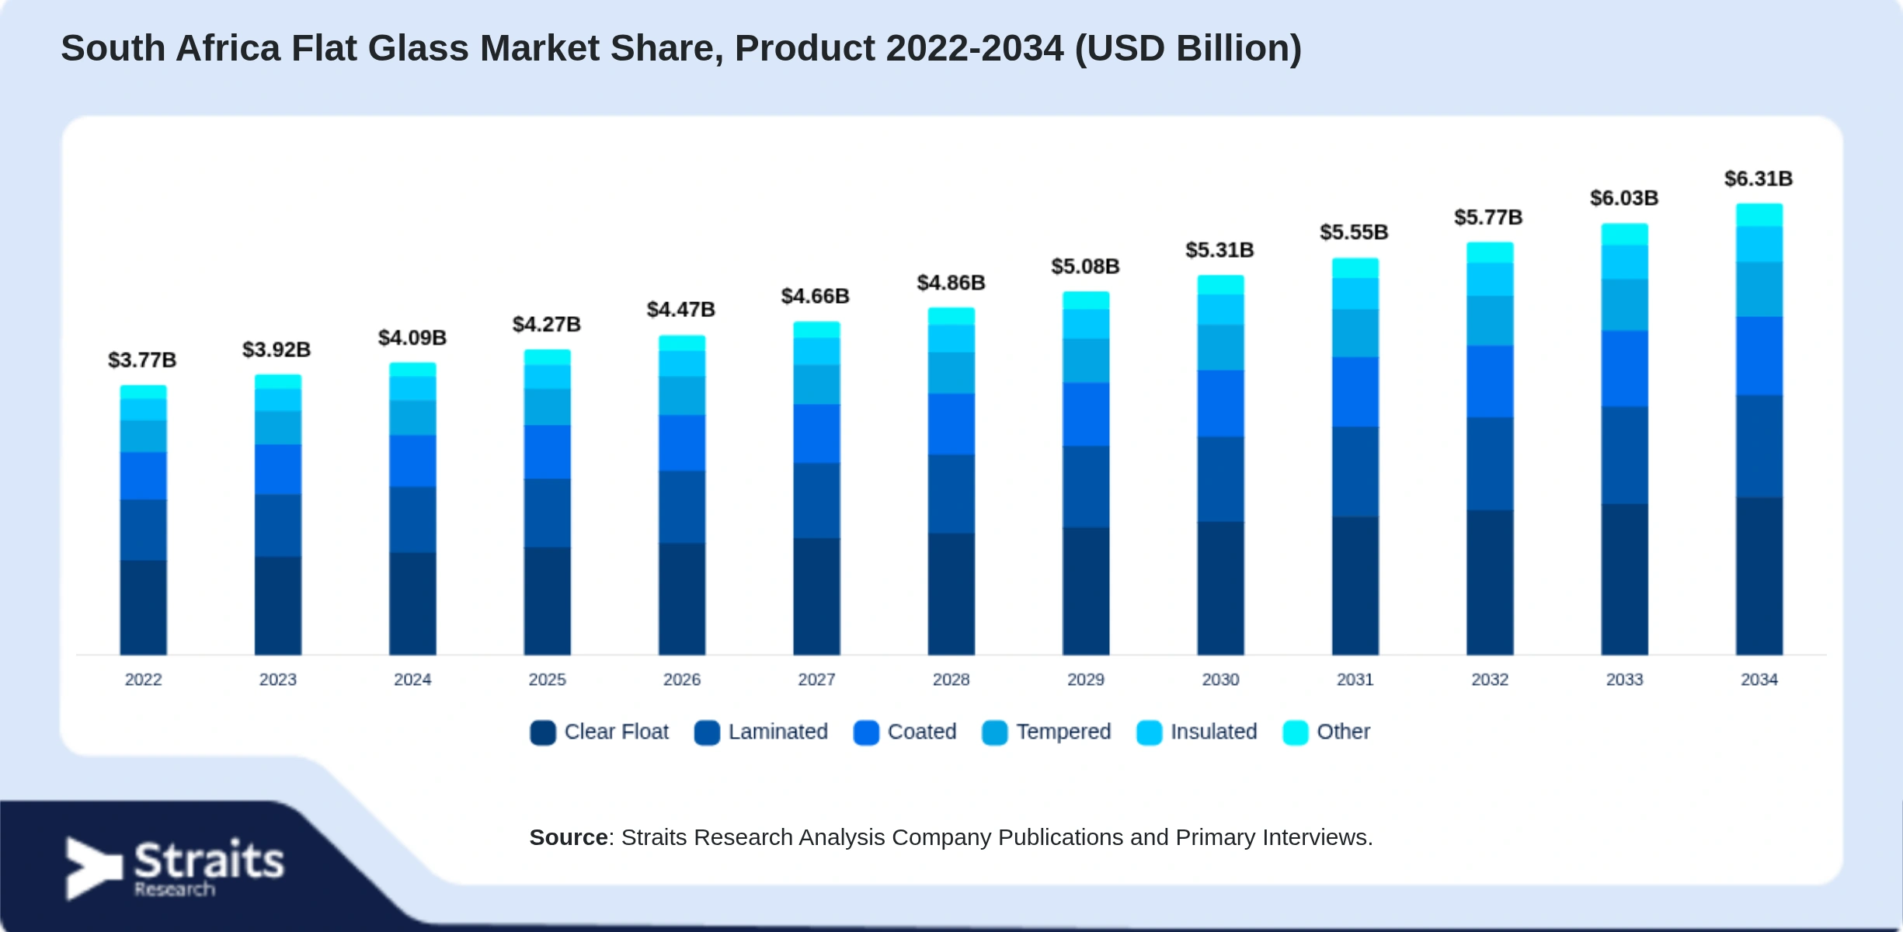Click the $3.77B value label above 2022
[x=142, y=360]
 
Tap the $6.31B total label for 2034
[x=1759, y=179]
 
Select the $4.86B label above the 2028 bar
[x=951, y=283]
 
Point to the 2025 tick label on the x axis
[x=547, y=680]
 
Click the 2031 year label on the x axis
[x=1355, y=680]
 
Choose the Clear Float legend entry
[x=599, y=732]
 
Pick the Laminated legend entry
[x=760, y=732]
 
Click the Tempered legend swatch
[x=994, y=732]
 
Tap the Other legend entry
[x=1326, y=732]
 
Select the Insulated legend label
[x=1213, y=732]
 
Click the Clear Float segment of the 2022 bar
[x=143, y=607]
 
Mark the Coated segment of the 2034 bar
[x=1759, y=356]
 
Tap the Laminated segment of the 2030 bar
[x=1220, y=479]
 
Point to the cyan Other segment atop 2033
[x=1624, y=235]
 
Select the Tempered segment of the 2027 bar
[x=816, y=384]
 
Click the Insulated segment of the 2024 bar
[x=412, y=388]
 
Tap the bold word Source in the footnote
[x=569, y=837]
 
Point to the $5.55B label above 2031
[x=1354, y=232]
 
